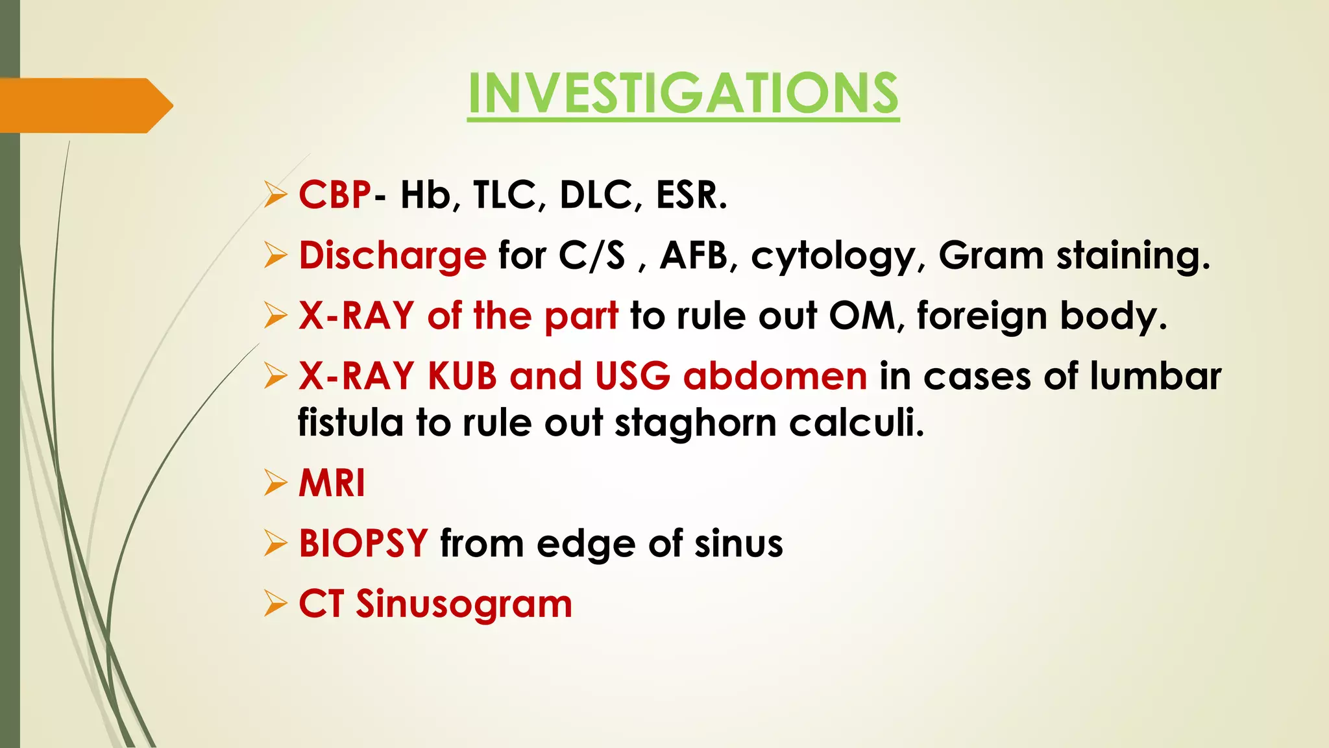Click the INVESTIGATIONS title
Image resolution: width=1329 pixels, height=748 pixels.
point(683,94)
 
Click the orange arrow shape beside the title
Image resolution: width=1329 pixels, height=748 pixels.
point(84,105)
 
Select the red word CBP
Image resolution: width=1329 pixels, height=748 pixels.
point(335,195)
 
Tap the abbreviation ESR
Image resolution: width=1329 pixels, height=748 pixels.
point(691,195)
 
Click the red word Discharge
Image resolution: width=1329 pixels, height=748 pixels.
point(392,255)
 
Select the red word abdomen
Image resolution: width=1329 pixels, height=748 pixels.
point(775,376)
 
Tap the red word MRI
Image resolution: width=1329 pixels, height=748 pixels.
point(332,483)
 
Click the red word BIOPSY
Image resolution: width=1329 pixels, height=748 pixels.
point(363,543)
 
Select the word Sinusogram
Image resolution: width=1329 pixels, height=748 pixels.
point(463,605)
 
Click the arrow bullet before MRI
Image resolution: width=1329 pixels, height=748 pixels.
point(275,483)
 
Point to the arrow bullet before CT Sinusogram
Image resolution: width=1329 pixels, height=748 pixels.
point(275,604)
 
